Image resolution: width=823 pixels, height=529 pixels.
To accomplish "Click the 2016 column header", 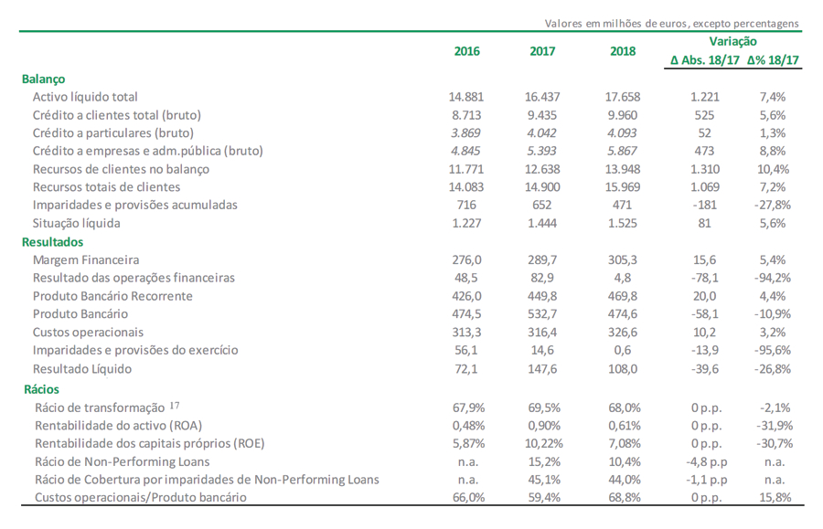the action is [466, 51].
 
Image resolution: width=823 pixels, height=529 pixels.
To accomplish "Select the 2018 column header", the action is [623, 51].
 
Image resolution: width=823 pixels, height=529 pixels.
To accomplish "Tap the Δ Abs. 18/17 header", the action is [704, 60].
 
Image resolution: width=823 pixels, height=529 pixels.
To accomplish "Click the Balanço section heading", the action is [44, 79].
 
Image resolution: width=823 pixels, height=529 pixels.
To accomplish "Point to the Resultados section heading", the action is [52, 242].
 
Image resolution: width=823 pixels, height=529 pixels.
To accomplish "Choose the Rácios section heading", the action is [41, 389].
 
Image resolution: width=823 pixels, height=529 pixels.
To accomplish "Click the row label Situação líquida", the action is [77, 223].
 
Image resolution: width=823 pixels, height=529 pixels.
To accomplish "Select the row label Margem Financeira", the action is [86, 260].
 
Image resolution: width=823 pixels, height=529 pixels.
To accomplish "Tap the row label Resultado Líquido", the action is [82, 369].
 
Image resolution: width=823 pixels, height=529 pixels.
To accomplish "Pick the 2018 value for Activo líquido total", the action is [623, 97].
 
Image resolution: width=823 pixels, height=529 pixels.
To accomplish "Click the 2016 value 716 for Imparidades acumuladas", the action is [466, 205].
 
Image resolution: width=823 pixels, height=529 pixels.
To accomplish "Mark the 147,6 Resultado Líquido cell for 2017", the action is [542, 369].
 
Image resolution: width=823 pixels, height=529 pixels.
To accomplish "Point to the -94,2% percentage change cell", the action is [773, 278].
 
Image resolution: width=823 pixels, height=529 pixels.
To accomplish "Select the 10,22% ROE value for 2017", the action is [544, 443].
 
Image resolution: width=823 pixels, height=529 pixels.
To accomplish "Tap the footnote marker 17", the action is [175, 406].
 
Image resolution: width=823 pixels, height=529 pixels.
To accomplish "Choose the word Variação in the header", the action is [733, 41].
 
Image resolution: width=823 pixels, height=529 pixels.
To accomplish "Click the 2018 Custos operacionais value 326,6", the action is [623, 333].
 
